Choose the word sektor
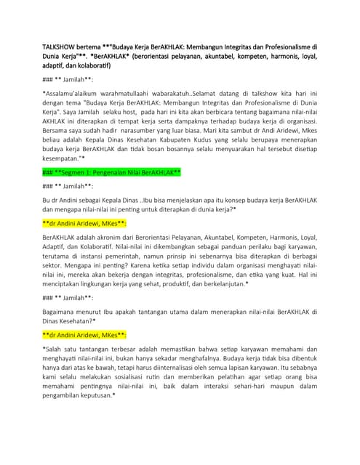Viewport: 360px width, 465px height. click(55, 288)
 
